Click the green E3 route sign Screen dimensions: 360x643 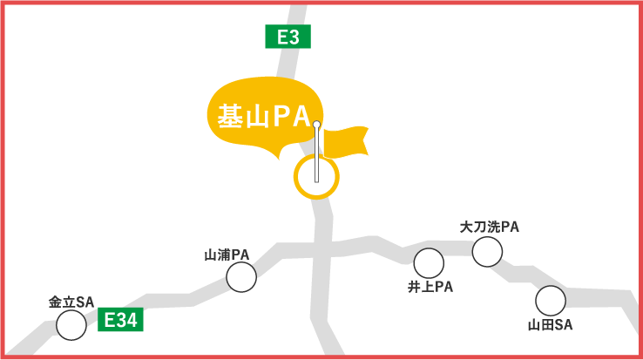click(288, 37)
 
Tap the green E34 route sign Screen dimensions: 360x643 click(120, 320)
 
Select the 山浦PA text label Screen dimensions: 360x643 click(227, 255)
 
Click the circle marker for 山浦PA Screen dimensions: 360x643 click(241, 277)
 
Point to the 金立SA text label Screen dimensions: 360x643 click(71, 302)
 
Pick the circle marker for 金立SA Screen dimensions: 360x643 click(71, 325)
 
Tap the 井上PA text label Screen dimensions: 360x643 click(430, 286)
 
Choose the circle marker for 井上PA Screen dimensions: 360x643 click(429, 262)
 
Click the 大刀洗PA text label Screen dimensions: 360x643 click(490, 227)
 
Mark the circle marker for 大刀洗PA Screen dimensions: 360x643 click(487, 252)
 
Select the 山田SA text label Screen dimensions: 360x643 click(550, 325)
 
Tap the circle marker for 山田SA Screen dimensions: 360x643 click(550, 301)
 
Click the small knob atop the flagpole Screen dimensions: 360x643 click(316, 125)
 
